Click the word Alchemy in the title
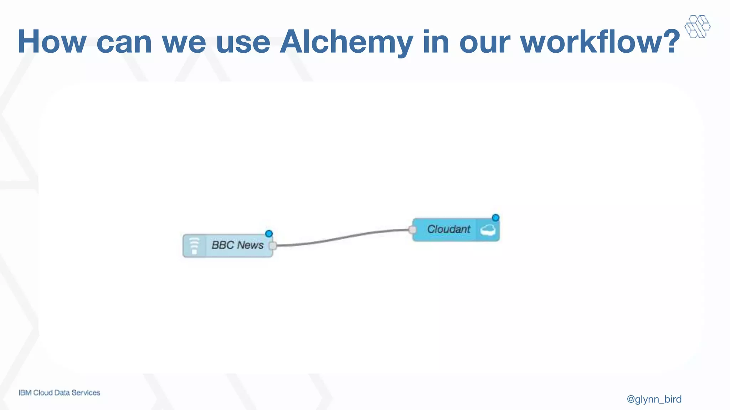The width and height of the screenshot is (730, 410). (x=346, y=42)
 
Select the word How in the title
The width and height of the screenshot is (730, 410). (x=52, y=42)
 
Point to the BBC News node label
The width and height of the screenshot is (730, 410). (x=237, y=245)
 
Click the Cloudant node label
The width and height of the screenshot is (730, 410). (x=449, y=229)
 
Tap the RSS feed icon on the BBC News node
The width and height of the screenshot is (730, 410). (x=194, y=246)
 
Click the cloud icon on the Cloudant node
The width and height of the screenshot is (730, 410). (x=488, y=230)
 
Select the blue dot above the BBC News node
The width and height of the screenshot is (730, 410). (x=269, y=234)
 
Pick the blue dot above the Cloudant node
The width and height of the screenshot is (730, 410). (x=495, y=218)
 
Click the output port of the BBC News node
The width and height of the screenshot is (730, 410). (x=273, y=246)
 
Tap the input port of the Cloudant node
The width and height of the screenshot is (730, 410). (x=413, y=230)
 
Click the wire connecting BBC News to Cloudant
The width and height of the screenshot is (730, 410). (x=342, y=238)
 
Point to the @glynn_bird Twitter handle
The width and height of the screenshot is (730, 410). (x=654, y=399)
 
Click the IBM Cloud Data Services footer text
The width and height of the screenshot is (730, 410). (x=60, y=393)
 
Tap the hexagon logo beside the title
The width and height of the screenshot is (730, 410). (x=697, y=26)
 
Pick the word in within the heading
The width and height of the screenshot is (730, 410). (x=436, y=42)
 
